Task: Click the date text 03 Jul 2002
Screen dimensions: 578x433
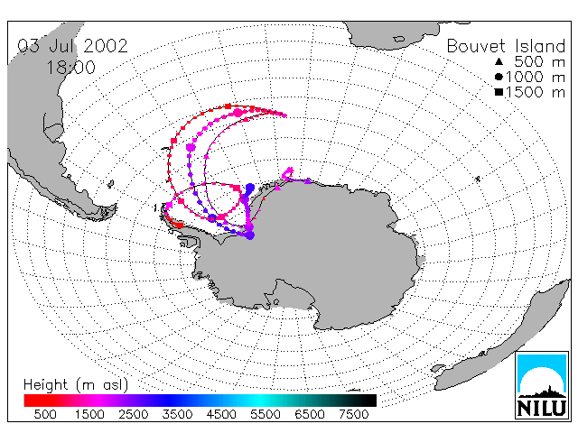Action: tap(72, 46)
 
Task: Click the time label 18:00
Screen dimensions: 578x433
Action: tap(70, 68)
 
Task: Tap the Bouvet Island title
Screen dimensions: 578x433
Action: tap(506, 46)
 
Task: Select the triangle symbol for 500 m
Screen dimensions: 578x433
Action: tap(499, 61)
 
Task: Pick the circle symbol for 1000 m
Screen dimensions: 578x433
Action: tap(499, 77)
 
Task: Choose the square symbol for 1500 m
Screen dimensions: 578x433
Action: tap(499, 92)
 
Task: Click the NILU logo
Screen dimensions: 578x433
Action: tap(542, 385)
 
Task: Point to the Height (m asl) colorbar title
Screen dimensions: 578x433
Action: tap(76, 385)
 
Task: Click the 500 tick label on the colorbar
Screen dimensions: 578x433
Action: tap(45, 415)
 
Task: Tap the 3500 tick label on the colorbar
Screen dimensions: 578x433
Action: tap(177, 415)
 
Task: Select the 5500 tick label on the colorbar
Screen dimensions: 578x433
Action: tap(266, 415)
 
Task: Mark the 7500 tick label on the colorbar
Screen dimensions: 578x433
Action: tap(353, 415)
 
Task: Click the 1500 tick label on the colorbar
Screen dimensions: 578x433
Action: tap(89, 415)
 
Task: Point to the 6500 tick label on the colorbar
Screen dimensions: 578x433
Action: tap(310, 415)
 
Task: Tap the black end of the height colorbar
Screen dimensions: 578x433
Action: tap(365, 401)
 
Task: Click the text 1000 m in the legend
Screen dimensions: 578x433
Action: tap(536, 77)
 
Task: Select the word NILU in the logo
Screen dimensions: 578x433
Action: tap(542, 408)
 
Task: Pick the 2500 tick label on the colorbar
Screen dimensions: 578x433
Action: tap(133, 415)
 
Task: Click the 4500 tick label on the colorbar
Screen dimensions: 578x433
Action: tap(221, 415)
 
